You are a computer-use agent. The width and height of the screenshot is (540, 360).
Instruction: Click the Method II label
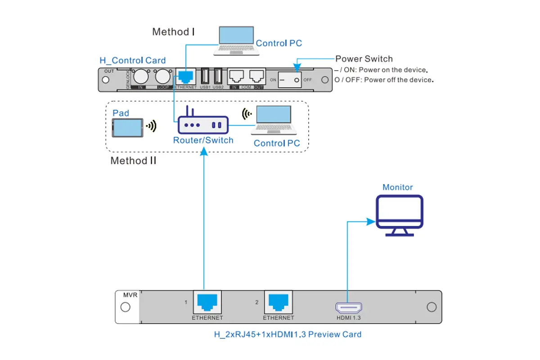pyautogui.click(x=133, y=161)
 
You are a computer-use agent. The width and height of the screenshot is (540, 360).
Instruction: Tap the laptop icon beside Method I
pyautogui.click(x=237, y=41)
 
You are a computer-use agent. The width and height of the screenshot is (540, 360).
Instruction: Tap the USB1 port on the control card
pyautogui.click(x=205, y=76)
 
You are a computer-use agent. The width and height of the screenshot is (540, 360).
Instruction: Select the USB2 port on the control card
pyautogui.click(x=218, y=76)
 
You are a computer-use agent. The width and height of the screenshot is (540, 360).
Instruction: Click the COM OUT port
pyautogui.click(x=257, y=76)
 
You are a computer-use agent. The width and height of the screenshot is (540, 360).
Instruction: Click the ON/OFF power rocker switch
pyautogui.click(x=289, y=80)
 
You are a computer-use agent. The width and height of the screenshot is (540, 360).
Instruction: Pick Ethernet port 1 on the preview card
pyautogui.click(x=207, y=302)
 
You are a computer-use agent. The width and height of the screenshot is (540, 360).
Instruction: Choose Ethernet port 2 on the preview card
pyautogui.click(x=279, y=302)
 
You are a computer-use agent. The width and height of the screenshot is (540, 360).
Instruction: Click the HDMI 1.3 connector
pyautogui.click(x=349, y=308)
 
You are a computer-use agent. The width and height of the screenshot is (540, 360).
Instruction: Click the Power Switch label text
pyautogui.click(x=364, y=59)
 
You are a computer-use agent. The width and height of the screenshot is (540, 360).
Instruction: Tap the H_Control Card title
pyautogui.click(x=132, y=60)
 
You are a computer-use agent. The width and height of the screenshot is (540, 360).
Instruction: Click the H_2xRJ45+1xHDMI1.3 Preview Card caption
pyautogui.click(x=287, y=334)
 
